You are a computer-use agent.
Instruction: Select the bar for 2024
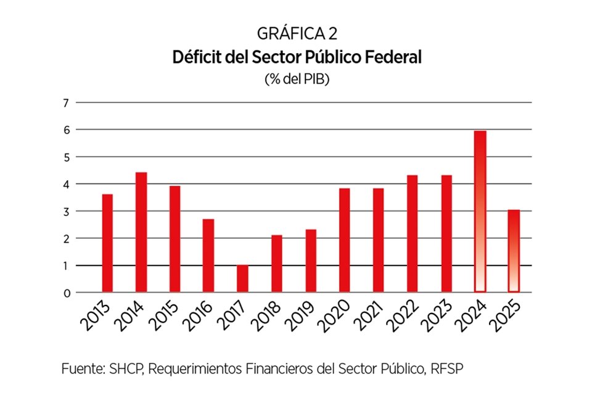click(480, 211)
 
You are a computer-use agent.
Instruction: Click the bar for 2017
click(242, 279)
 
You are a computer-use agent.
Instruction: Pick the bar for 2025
click(514, 251)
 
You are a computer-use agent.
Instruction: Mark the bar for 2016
click(208, 256)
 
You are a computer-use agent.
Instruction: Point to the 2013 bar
click(107, 243)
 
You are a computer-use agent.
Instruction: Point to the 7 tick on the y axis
click(65, 102)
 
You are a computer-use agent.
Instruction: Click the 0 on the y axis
click(65, 293)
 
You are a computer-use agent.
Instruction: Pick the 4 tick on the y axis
click(65, 184)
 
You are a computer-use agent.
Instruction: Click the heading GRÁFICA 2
click(297, 35)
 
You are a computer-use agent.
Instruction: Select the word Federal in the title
click(393, 57)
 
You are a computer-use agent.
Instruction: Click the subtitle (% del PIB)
click(297, 79)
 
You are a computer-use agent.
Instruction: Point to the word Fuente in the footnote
click(81, 368)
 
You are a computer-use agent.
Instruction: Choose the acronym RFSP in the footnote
click(443, 368)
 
